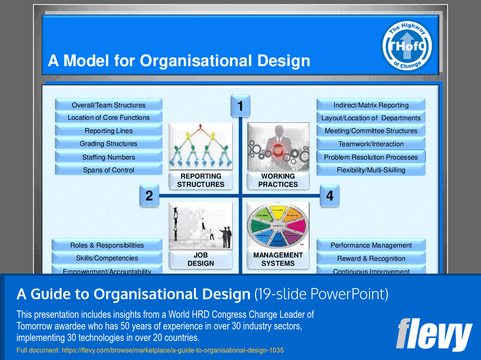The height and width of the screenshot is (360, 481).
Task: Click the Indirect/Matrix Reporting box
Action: click(x=371, y=105)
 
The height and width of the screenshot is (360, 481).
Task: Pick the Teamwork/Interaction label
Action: click(x=371, y=144)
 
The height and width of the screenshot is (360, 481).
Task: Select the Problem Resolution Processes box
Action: click(x=371, y=157)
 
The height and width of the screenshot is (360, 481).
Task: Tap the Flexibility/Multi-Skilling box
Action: click(x=371, y=170)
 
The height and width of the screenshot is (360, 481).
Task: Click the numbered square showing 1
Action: click(x=240, y=106)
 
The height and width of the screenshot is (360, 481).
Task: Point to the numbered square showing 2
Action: click(x=149, y=195)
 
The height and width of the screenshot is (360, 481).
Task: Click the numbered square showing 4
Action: click(x=329, y=195)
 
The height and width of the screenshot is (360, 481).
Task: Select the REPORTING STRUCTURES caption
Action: click(x=200, y=180)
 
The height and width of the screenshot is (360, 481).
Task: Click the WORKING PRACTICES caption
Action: click(x=278, y=180)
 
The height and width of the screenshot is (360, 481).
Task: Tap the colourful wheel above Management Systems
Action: click(x=278, y=227)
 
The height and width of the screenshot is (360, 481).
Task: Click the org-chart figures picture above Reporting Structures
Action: click(x=200, y=147)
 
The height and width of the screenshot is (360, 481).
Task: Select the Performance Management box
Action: click(x=371, y=245)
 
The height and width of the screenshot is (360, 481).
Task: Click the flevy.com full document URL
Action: click(x=150, y=350)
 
